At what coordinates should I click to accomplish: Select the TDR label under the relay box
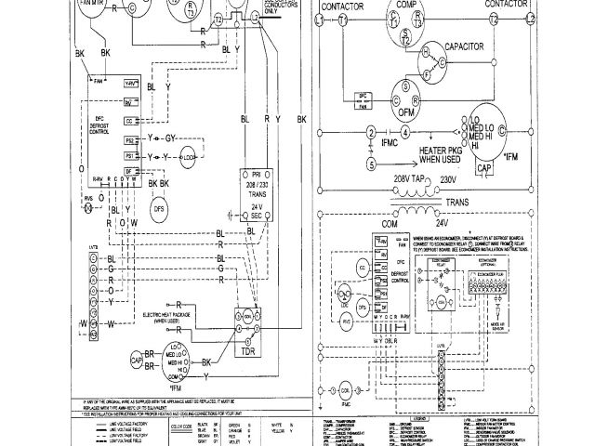[248, 353]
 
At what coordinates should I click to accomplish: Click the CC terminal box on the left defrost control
[129, 121]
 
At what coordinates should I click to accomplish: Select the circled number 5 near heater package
[370, 164]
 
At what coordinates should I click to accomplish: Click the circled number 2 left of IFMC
[370, 130]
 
